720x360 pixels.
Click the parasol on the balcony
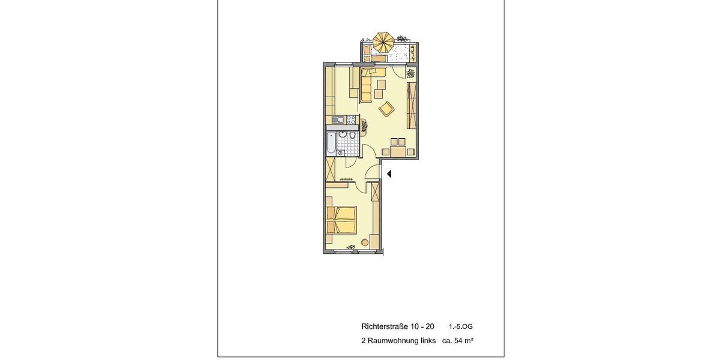pos(383,42)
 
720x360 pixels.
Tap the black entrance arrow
pos(389,174)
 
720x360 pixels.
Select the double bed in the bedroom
pos(341,220)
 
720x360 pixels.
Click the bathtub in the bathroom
pos(331,144)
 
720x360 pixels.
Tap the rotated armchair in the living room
pos(386,109)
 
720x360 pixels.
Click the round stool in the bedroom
pos(364,242)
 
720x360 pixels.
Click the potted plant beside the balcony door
pos(410,74)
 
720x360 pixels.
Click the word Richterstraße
pos(384,326)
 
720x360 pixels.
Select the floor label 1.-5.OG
pos(461,326)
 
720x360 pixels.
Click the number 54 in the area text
pos(459,341)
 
